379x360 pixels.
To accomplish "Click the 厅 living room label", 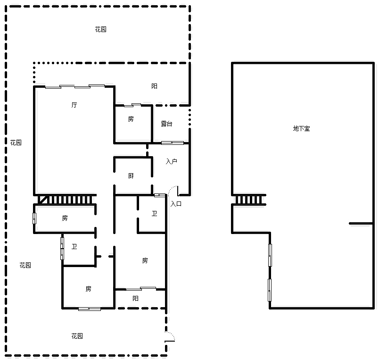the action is (74, 105).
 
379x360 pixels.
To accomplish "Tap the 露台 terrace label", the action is (166, 124).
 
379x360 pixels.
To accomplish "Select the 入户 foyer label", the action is (172, 161).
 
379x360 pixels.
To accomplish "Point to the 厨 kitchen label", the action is (131, 176).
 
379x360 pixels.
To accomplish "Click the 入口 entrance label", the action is (176, 204).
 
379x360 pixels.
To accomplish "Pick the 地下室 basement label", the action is (301, 128).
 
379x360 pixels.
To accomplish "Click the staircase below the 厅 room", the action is (65, 200).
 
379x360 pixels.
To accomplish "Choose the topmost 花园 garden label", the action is (100, 29).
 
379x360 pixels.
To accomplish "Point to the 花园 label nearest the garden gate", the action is (77, 336).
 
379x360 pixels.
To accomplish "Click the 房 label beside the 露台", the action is (131, 119).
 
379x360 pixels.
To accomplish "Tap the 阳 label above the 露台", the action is (154, 86).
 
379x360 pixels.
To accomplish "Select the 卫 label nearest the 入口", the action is (154, 213).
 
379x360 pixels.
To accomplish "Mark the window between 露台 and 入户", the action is (173, 143).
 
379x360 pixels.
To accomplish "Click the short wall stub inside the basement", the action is (361, 223).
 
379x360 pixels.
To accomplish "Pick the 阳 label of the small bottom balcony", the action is (135, 298).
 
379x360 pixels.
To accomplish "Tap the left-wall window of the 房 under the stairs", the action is (34, 218).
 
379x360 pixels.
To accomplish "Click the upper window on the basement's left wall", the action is (270, 255).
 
